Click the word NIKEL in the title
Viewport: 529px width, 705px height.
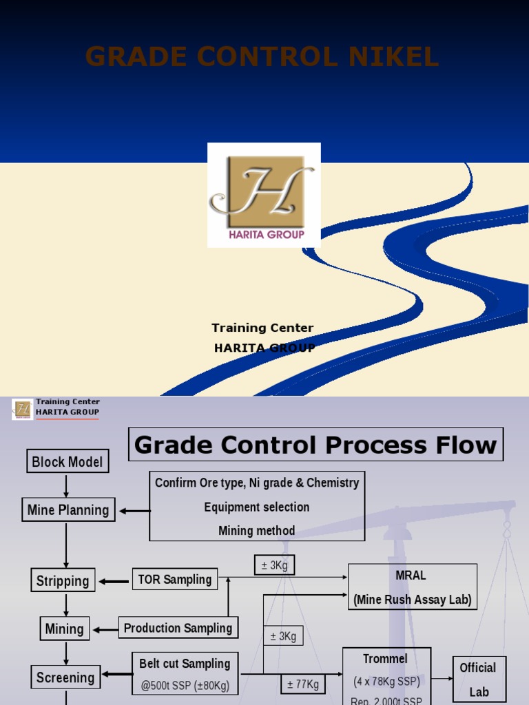tap(393, 58)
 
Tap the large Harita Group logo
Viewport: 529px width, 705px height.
tap(264, 195)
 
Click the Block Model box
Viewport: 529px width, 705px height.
tap(67, 462)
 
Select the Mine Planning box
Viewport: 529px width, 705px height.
tap(68, 510)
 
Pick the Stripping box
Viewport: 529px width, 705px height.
tap(63, 580)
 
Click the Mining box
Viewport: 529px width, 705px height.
tap(64, 629)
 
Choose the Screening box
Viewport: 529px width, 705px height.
tap(65, 677)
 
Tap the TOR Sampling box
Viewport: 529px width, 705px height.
tap(175, 580)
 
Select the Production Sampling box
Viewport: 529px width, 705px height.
tap(178, 628)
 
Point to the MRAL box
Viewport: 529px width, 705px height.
tap(412, 587)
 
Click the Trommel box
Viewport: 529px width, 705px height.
tap(386, 675)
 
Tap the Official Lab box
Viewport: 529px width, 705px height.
tap(478, 679)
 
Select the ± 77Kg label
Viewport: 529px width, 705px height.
tap(303, 684)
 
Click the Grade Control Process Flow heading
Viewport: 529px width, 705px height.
tap(315, 445)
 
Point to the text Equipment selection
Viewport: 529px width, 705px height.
tap(256, 507)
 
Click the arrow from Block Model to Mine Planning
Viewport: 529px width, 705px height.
tap(67, 485)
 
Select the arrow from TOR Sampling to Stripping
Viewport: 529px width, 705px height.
tap(114, 581)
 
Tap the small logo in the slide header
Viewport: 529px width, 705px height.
tap(22, 409)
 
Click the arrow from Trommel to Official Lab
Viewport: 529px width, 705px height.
tap(442, 678)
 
